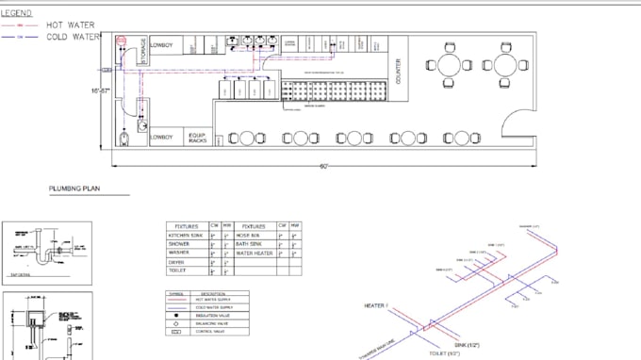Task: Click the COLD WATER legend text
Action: [73, 37]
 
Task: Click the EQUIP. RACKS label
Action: [197, 138]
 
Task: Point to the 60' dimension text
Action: [323, 167]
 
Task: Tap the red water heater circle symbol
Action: [121, 41]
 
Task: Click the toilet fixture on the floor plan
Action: [126, 140]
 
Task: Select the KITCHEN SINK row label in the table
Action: [186, 236]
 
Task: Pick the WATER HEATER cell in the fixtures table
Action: [254, 253]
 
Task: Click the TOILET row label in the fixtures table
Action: [179, 270]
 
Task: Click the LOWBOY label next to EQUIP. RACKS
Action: [162, 138]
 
